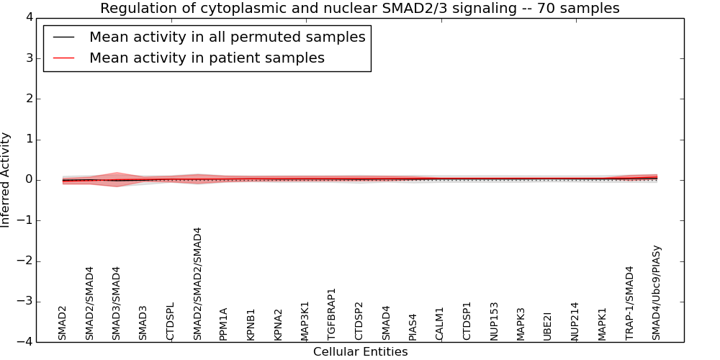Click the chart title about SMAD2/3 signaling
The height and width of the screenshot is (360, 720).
point(359,9)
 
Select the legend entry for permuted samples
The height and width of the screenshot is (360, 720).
point(227,37)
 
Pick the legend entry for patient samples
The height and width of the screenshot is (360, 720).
point(207,58)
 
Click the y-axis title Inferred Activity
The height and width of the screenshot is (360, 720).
point(6,180)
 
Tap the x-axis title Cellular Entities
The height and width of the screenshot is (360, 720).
point(360,352)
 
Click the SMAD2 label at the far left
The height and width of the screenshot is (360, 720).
point(63,323)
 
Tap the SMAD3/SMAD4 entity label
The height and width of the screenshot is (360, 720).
point(117,303)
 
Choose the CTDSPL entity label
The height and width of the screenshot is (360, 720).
point(171,321)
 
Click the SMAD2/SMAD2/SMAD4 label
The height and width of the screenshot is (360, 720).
point(198,284)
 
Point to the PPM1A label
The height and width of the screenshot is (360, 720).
point(224,324)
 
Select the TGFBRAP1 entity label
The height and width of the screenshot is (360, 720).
point(332,314)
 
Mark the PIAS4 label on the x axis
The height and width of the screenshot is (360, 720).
point(413,326)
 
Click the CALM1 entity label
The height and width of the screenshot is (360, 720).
point(440,323)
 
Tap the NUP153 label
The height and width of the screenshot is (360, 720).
point(495,321)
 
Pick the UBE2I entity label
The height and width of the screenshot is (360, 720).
point(548,326)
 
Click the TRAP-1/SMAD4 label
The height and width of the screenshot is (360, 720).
point(630,303)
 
